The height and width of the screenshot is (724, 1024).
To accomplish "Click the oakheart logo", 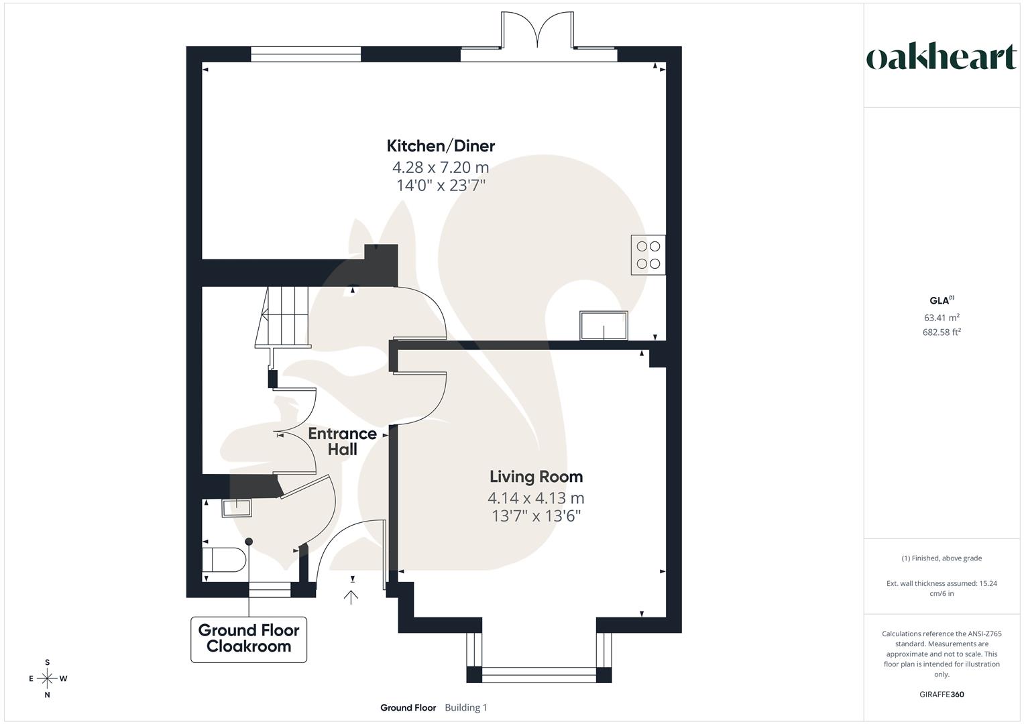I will [x=942, y=58].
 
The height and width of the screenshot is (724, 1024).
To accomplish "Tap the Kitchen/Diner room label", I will [x=441, y=145].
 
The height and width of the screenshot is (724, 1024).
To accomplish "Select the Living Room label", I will [x=536, y=477].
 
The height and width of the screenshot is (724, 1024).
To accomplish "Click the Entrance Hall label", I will [x=342, y=441].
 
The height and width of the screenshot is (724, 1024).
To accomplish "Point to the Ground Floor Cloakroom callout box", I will [x=249, y=639].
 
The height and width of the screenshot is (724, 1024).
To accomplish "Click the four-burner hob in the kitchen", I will [x=648, y=255].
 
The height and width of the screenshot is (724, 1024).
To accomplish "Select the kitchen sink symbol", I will [x=604, y=325].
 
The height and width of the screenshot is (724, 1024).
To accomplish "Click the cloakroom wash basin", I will [x=236, y=507].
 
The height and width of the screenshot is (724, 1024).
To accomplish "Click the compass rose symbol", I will [x=47, y=678].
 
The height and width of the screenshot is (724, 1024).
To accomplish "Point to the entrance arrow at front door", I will [x=351, y=596].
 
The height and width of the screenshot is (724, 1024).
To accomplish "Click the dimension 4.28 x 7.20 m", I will [x=441, y=167].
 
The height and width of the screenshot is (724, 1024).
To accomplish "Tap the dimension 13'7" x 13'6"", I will [x=535, y=516].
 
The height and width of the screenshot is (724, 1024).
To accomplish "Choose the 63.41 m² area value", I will [x=942, y=318].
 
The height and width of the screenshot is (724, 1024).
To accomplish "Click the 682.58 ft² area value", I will [x=942, y=332].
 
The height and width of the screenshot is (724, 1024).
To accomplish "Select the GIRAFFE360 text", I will [x=942, y=695].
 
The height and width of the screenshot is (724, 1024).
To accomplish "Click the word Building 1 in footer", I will [x=466, y=707].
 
